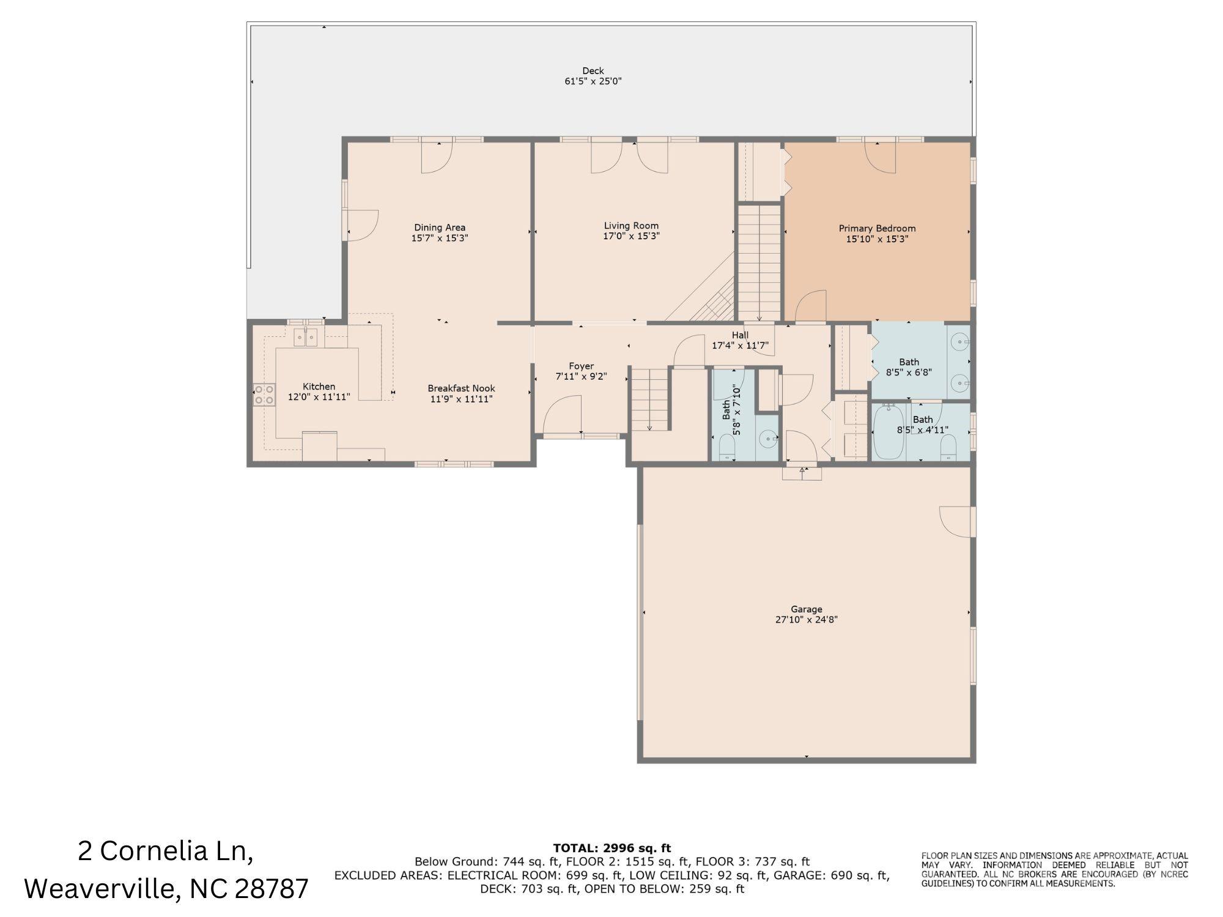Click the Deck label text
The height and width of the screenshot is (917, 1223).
click(x=593, y=71)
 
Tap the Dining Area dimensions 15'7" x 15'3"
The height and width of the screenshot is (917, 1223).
click(x=440, y=239)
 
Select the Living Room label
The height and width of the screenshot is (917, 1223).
click(x=631, y=226)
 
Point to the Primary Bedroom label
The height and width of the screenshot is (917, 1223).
click(x=877, y=229)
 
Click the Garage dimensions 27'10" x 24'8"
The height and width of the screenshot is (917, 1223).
click(x=806, y=620)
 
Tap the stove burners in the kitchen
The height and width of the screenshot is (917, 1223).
click(x=264, y=395)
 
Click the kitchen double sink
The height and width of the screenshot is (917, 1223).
click(x=305, y=337)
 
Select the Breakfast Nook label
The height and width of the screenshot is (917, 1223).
click(x=461, y=388)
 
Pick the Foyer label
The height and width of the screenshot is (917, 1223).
click(x=581, y=366)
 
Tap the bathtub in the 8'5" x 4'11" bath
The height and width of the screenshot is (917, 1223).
click(x=889, y=431)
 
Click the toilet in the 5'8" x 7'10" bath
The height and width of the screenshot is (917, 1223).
click(x=727, y=447)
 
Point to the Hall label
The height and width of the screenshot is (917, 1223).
click(x=740, y=335)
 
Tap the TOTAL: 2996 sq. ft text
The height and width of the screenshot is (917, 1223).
click(x=611, y=848)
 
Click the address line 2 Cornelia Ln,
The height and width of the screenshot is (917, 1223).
click(x=166, y=851)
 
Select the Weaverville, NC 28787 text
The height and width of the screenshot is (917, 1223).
click(x=166, y=888)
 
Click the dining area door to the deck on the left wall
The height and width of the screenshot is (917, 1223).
click(x=362, y=225)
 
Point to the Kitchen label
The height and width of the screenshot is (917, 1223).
click(x=319, y=387)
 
